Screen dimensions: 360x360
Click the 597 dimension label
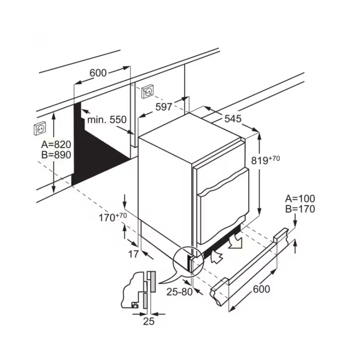click(x=164, y=107)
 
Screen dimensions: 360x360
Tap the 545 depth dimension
click(x=233, y=119)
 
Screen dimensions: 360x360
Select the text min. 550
click(x=107, y=120)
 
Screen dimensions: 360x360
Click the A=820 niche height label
click(x=56, y=144)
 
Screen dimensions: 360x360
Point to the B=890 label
click(x=56, y=155)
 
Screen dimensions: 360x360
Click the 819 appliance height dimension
click(x=265, y=160)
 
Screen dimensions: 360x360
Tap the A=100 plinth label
click(x=300, y=198)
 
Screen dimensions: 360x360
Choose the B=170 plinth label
click(x=300, y=209)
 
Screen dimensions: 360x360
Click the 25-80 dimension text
click(x=180, y=292)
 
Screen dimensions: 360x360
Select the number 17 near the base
click(x=133, y=254)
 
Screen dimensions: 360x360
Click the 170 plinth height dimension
click(x=112, y=217)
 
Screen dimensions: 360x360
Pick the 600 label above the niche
click(x=98, y=73)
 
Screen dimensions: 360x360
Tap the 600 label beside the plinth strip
click(x=261, y=289)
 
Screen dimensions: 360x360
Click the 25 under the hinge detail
click(x=148, y=321)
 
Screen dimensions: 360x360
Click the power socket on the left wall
click(x=40, y=129)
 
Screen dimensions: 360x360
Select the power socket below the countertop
click(x=148, y=92)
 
